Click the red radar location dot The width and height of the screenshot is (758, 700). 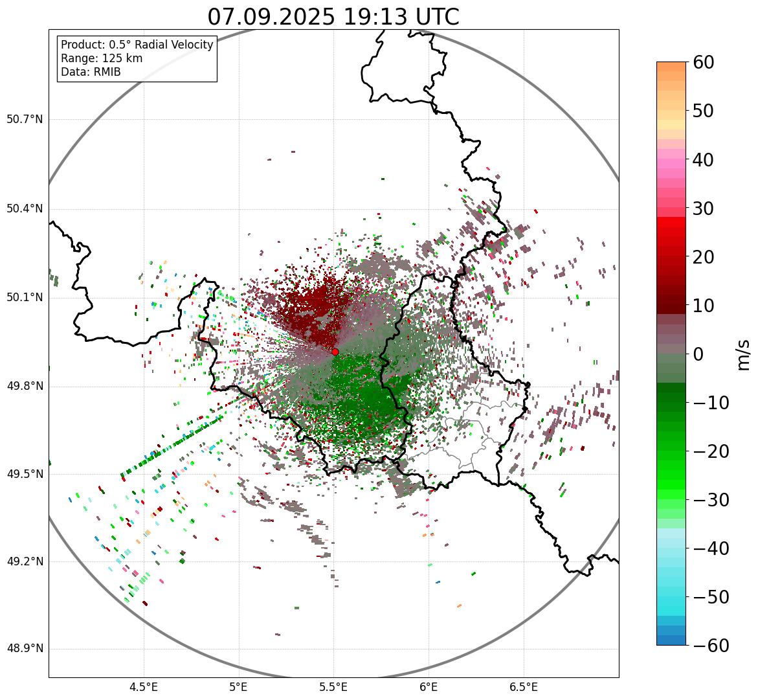point(335,352)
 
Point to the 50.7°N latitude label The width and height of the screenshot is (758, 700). point(25,120)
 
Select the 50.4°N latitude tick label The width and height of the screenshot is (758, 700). point(25,209)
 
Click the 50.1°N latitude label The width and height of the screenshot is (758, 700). point(25,298)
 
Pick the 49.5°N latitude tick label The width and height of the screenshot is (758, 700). point(25,474)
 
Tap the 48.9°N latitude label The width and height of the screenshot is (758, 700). point(25,649)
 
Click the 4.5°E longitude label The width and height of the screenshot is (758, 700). point(144,687)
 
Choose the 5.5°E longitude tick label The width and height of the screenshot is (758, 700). point(333,687)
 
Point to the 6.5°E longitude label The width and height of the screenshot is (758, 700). point(523,687)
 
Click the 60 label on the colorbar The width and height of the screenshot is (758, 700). point(703,62)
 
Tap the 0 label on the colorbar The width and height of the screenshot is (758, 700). point(698,354)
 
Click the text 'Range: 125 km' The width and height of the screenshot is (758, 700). point(102,58)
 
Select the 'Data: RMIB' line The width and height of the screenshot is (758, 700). point(91,72)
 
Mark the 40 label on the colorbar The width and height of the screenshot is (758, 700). point(703,159)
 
